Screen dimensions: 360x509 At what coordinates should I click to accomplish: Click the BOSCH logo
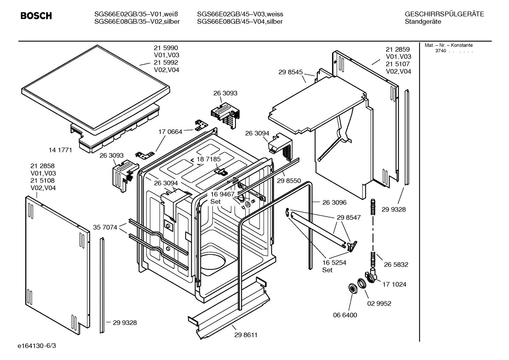click(x=36, y=16)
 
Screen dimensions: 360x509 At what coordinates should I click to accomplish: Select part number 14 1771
click(x=60, y=150)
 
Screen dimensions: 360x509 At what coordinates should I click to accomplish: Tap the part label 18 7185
click(x=209, y=159)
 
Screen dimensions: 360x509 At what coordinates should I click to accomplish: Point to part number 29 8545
click(x=291, y=72)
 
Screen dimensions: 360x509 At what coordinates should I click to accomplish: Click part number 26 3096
click(x=334, y=202)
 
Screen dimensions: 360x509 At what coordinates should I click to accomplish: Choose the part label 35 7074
click(x=105, y=227)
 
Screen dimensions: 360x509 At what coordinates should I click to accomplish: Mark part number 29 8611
click(x=246, y=335)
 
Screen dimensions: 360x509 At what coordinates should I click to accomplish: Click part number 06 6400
click(x=345, y=315)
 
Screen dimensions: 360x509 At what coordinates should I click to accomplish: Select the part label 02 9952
click(x=379, y=303)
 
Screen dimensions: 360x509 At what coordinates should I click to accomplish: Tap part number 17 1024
click(x=394, y=284)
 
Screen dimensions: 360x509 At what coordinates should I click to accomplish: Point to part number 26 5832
click(x=396, y=265)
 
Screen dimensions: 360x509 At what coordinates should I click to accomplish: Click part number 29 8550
click(x=289, y=181)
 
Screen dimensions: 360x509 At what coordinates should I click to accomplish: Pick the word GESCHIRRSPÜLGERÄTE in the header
click(x=444, y=14)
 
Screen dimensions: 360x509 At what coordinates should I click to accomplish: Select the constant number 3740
click(x=441, y=51)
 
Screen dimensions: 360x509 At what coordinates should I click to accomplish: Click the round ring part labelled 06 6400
click(x=352, y=288)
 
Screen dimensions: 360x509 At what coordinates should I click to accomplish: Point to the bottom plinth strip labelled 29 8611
click(x=229, y=307)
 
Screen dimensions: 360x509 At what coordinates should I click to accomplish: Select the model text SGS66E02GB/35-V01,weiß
click(x=136, y=14)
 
